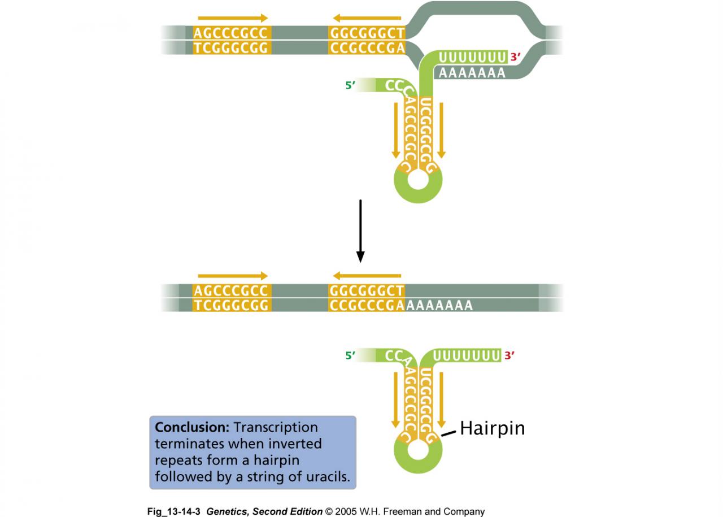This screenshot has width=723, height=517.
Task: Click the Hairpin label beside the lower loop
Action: pyautogui.click(x=492, y=428)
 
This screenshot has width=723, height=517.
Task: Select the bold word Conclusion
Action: pyautogui.click(x=192, y=427)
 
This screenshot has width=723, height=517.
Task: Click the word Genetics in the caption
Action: pyautogui.click(x=229, y=512)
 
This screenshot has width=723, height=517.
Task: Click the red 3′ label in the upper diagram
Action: pyautogui.click(x=515, y=57)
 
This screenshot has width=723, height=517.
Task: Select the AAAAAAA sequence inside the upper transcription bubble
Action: pyautogui.click(x=472, y=73)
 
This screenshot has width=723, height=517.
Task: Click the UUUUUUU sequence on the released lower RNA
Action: pyautogui.click(x=467, y=356)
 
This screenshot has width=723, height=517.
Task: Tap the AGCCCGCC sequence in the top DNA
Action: pyautogui.click(x=230, y=33)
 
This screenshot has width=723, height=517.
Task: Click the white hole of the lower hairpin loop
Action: pyautogui.click(x=418, y=451)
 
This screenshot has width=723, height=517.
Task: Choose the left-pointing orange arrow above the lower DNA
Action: pyautogui.click(x=367, y=276)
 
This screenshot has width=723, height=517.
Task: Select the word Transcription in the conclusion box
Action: pyautogui.click(x=276, y=427)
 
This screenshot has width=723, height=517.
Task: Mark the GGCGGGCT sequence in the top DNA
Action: pyautogui.click(x=367, y=33)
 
